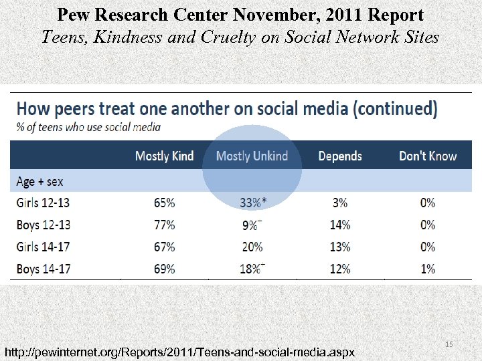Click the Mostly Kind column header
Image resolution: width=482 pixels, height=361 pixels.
tap(164, 156)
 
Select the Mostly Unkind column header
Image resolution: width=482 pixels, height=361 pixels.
tap(252, 156)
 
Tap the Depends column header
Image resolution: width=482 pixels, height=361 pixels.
tap(340, 156)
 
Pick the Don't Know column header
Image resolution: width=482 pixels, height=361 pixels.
tap(428, 156)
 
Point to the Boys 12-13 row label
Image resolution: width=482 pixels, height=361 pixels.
tap(43, 225)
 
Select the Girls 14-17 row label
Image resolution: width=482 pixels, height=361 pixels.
tap(43, 247)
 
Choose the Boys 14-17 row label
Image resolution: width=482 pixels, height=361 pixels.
tap(43, 269)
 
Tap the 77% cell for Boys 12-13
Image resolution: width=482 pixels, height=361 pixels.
tap(164, 225)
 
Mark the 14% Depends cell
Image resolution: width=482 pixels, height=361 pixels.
tap(340, 225)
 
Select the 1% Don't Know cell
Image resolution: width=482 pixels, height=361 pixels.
tap(428, 269)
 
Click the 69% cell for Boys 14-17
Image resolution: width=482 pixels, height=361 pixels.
tap(164, 269)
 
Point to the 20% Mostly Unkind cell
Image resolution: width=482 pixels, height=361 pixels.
tap(252, 247)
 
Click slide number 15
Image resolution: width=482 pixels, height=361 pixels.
tap(449, 344)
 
